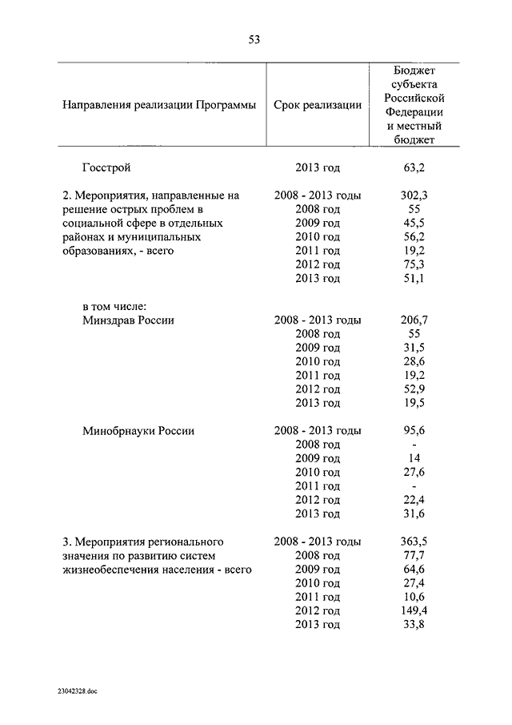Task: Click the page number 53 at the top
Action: coord(254,39)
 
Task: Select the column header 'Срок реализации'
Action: coord(318,105)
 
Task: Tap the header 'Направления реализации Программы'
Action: coord(158,105)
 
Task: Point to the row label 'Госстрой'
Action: coord(106,167)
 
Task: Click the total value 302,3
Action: coord(414,195)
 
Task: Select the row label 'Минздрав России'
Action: coord(128,320)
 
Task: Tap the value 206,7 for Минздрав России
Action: coord(414,320)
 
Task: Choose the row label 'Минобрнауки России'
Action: coord(138,430)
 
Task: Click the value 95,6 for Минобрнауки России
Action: coord(414,430)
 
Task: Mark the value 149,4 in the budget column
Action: coord(414,610)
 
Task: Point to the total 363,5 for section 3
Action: coord(414,541)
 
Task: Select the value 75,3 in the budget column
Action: coord(414,264)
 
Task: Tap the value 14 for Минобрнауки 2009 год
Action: coord(414,458)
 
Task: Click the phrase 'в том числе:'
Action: coord(112,306)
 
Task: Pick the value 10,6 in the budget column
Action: coord(414,597)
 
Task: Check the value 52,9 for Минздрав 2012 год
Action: coord(414,389)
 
